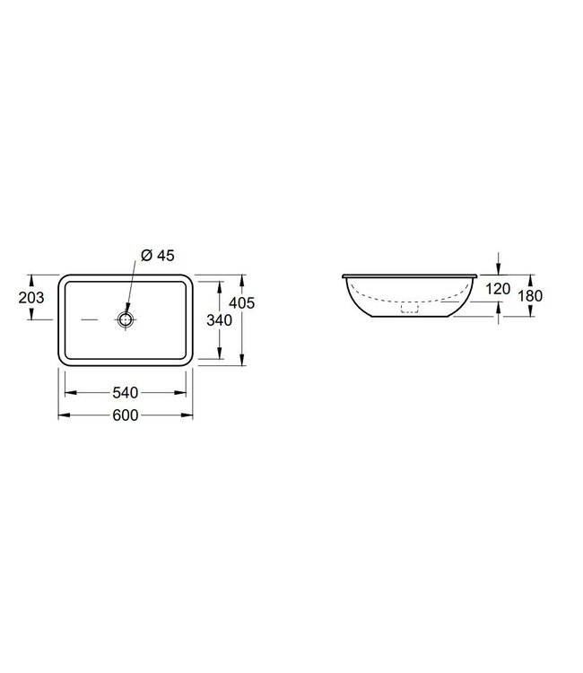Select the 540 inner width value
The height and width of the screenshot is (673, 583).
coord(126,392)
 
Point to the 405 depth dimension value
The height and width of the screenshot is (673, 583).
coord(244,303)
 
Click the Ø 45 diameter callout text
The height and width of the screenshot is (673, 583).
coord(157,256)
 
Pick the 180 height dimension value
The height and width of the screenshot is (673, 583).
coord(531,296)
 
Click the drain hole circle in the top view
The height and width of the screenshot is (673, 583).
coord(126,319)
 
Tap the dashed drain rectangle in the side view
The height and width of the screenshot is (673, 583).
coord(410,310)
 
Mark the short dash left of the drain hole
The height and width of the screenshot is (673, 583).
coord(91,319)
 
